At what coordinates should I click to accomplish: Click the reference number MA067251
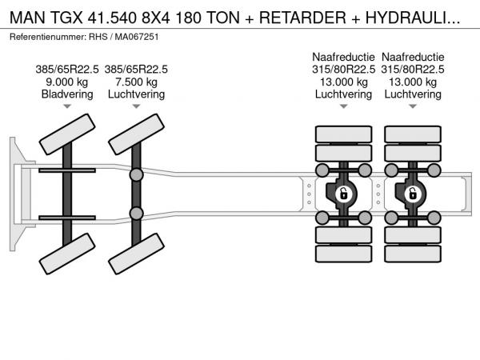pos(137,37)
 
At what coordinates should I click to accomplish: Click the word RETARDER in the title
pos(302,18)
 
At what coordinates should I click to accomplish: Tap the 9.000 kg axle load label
pos(66,82)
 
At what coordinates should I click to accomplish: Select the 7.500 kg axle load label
pos(136,82)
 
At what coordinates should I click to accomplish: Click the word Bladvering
pos(67,94)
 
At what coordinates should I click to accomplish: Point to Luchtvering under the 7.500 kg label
pos(136,94)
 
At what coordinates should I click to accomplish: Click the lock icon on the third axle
pos(343,194)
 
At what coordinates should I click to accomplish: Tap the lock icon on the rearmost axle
pos(413,194)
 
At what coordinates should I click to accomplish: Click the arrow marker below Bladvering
pos(67,106)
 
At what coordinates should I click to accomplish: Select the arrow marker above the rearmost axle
pos(413,106)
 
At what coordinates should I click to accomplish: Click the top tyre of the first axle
pos(67,134)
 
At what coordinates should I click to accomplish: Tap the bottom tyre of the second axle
pos(136,254)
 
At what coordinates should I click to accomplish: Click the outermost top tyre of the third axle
pos(343,134)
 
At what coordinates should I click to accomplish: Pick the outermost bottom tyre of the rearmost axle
pos(413,254)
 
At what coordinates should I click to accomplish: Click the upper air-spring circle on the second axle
pos(136,174)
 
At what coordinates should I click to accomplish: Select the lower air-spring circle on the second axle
pos(136,214)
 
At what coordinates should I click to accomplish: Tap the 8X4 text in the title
pos(155,18)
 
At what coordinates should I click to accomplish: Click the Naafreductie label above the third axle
pos(343,57)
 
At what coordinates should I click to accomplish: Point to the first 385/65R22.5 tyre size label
pos(67,70)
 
